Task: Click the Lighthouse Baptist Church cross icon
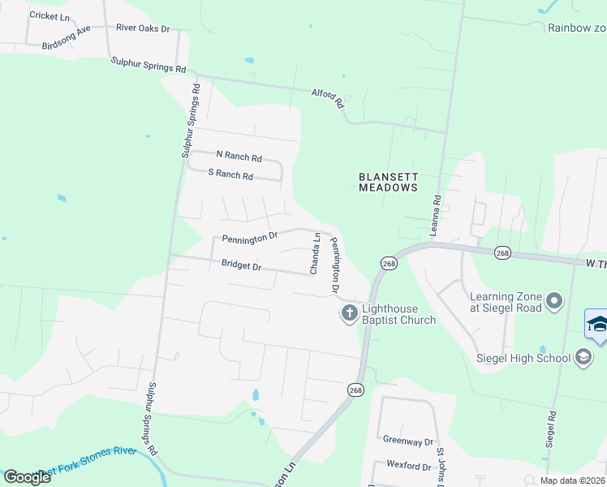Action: pos(349,312)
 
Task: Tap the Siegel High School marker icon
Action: pos(583,357)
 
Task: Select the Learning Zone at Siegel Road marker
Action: pos(554,302)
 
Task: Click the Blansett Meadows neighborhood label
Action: pos(388,181)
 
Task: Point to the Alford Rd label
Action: pos(329,98)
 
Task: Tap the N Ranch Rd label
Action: pos(239,155)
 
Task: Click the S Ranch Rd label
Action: pos(230,174)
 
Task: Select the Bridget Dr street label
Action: pos(241,265)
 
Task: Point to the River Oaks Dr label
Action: pos(143,28)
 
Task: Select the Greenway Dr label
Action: pos(408,441)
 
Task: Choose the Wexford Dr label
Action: pos(409,467)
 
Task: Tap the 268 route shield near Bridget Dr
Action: pos(389,263)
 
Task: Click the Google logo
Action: pos(27,477)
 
